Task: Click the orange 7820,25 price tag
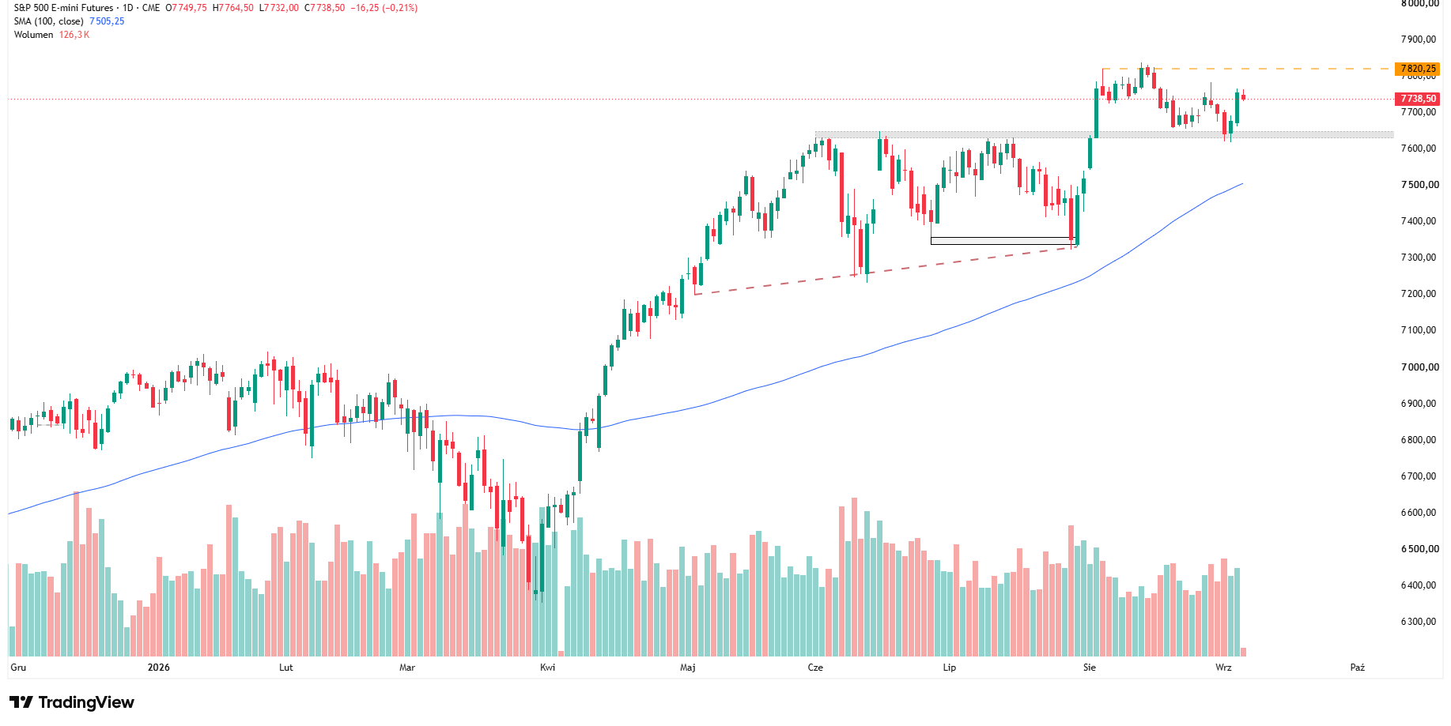1418,69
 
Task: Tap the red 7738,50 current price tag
1418,99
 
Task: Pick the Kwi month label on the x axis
547,668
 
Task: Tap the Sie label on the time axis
1090,668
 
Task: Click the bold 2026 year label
159,668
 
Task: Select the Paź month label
1358,668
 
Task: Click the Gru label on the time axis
18,668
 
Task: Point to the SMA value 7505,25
107,21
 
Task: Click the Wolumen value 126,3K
74,35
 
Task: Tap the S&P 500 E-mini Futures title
64,8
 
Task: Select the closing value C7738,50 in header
325,8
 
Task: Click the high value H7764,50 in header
233,8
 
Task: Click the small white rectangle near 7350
1003,241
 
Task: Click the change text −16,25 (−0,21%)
384,8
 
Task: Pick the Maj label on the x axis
688,668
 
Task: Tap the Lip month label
950,668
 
